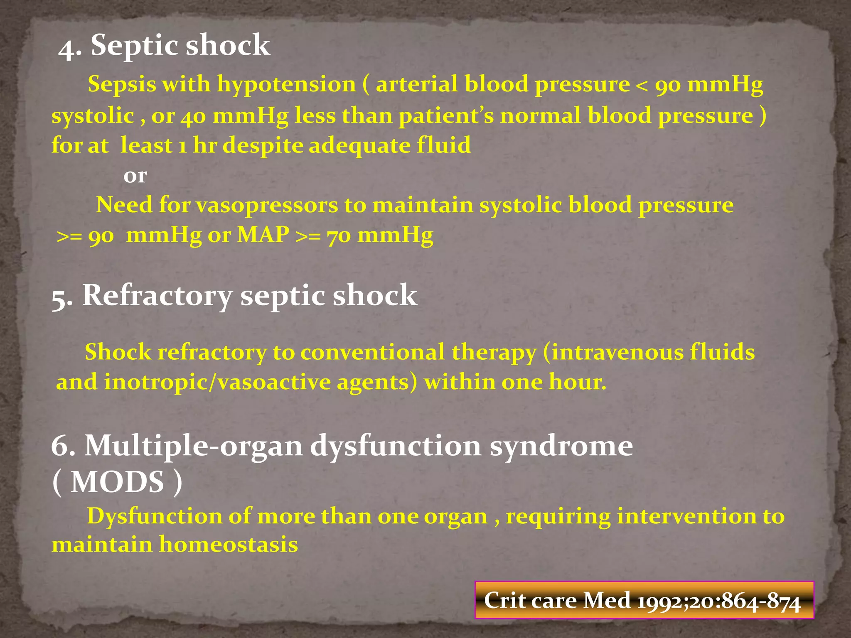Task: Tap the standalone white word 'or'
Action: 135,176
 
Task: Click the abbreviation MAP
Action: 263,235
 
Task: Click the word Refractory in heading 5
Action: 157,296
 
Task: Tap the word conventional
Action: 372,353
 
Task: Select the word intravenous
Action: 617,353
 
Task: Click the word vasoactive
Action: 274,382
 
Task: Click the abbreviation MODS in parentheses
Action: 117,483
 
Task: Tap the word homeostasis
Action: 229,545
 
